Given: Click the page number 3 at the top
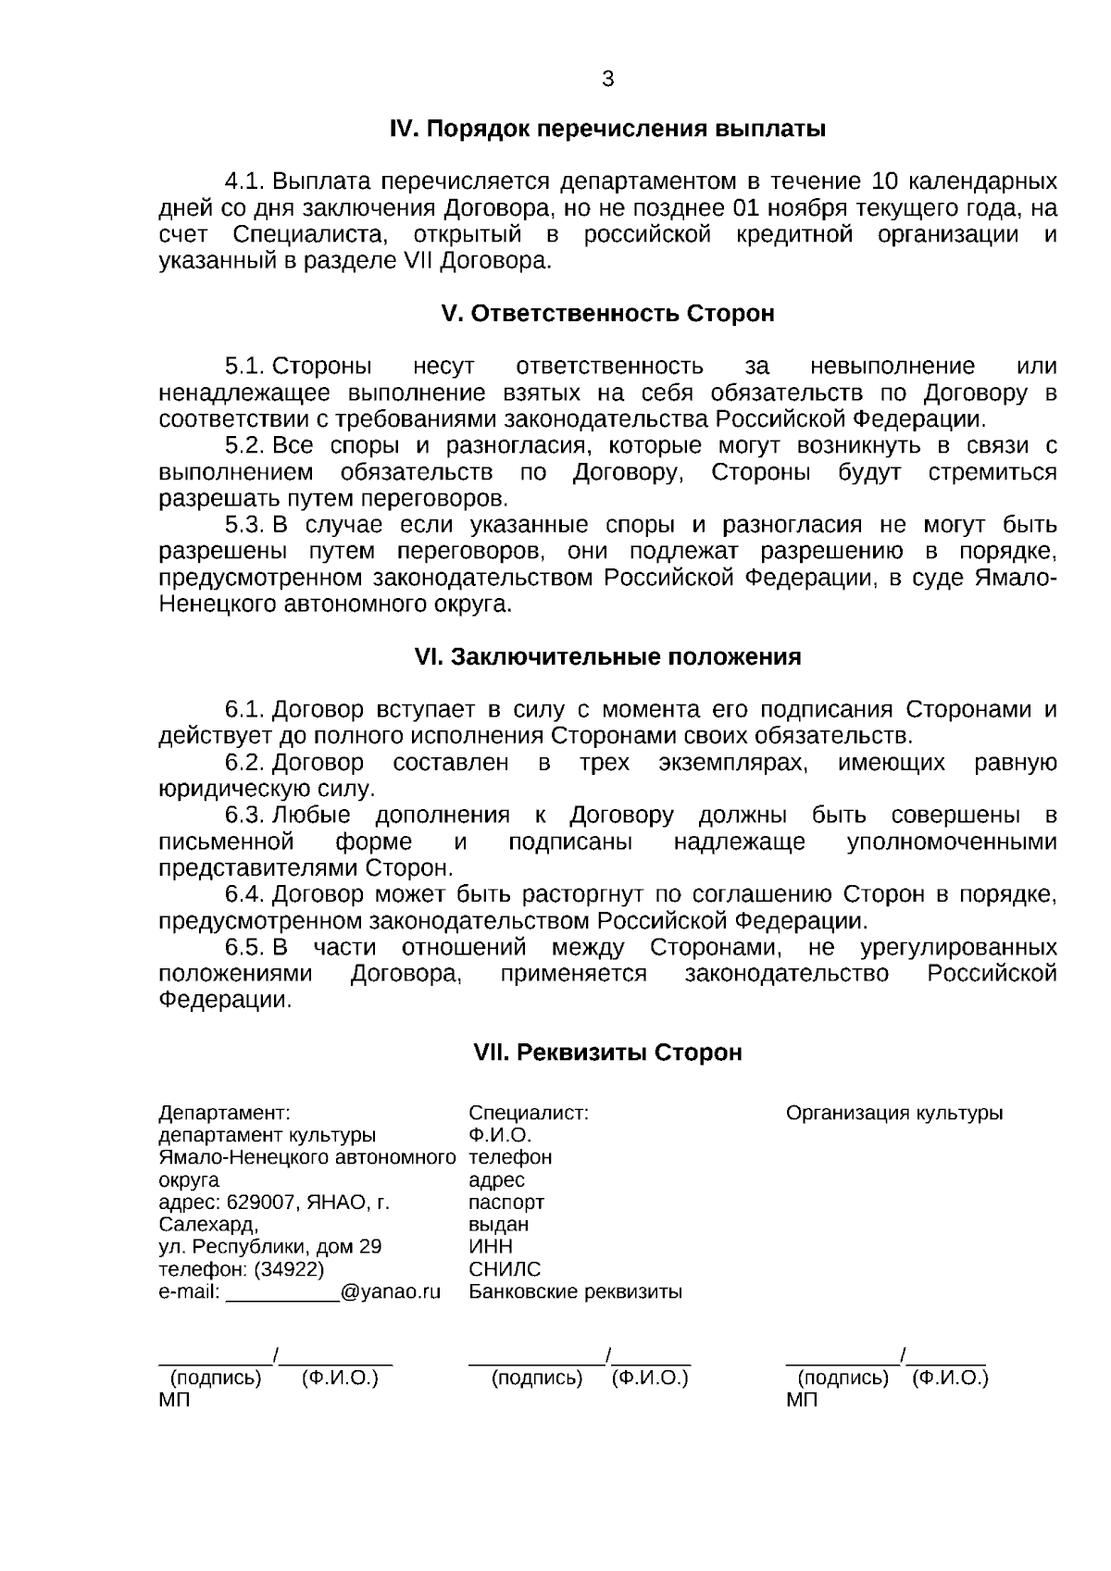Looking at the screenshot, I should click(607, 80).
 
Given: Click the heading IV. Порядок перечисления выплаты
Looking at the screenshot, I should click(606, 129).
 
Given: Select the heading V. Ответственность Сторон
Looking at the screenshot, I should click(607, 314).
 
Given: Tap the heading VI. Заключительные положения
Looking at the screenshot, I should click(606, 657).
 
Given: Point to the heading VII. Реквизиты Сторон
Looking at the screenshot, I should click(607, 1053).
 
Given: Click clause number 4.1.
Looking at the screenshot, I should click(245, 181).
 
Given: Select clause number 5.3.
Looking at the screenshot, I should click(245, 526).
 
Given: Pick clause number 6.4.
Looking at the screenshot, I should click(245, 895).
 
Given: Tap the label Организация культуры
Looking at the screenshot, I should click(894, 1114).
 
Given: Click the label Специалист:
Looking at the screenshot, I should click(529, 1114).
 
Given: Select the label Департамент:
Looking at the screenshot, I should click(225, 1114).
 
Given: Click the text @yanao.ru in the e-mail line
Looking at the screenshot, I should click(390, 1291).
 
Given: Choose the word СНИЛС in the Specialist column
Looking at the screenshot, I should click(505, 1269).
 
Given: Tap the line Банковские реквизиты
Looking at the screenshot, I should click(575, 1291).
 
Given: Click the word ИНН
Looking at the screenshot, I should click(491, 1247).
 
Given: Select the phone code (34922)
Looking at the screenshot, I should click(289, 1269).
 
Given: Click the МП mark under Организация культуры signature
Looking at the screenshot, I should click(802, 1401).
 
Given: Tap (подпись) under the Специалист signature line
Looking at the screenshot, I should click(537, 1378).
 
